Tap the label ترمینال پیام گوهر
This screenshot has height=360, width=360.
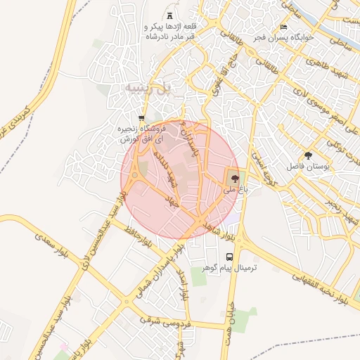pos(231,269)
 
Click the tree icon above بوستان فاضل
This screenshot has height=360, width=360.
pos(308,155)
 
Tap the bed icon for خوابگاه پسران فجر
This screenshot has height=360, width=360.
pos(283,27)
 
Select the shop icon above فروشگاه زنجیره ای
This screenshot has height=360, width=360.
pos(141,117)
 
